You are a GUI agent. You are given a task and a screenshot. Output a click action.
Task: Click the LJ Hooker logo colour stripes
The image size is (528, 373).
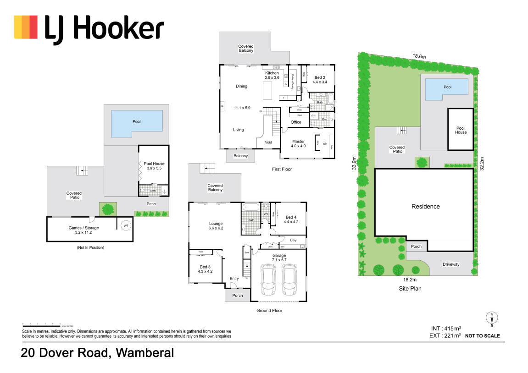tap(26, 27)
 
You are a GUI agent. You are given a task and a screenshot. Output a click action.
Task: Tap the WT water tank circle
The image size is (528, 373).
tap(125, 225)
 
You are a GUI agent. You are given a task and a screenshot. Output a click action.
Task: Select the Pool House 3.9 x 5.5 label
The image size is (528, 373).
tap(154, 166)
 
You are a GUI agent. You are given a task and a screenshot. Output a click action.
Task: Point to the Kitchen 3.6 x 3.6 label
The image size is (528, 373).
tap(272, 76)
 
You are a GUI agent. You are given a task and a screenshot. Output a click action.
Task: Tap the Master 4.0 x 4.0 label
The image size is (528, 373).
tap(298, 143)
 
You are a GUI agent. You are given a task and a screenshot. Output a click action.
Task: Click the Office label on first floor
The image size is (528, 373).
tap(296, 122)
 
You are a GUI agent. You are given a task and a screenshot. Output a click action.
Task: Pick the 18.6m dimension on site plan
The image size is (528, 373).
tap(418, 56)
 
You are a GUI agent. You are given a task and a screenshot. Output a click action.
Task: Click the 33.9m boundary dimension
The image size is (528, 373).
tap(354, 163)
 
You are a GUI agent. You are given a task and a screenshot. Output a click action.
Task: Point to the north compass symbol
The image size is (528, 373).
tap(492, 318)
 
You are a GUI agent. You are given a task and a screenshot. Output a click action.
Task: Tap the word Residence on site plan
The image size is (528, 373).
tap(425, 207)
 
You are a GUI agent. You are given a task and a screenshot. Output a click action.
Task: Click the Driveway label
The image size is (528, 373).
tap(451, 264)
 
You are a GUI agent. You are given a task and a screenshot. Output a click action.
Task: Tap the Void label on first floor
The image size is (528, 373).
tap(268, 143)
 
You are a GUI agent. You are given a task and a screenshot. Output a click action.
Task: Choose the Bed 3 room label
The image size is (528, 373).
tap(205, 269)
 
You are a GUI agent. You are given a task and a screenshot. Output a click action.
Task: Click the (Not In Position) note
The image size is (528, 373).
tap(90, 247)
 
